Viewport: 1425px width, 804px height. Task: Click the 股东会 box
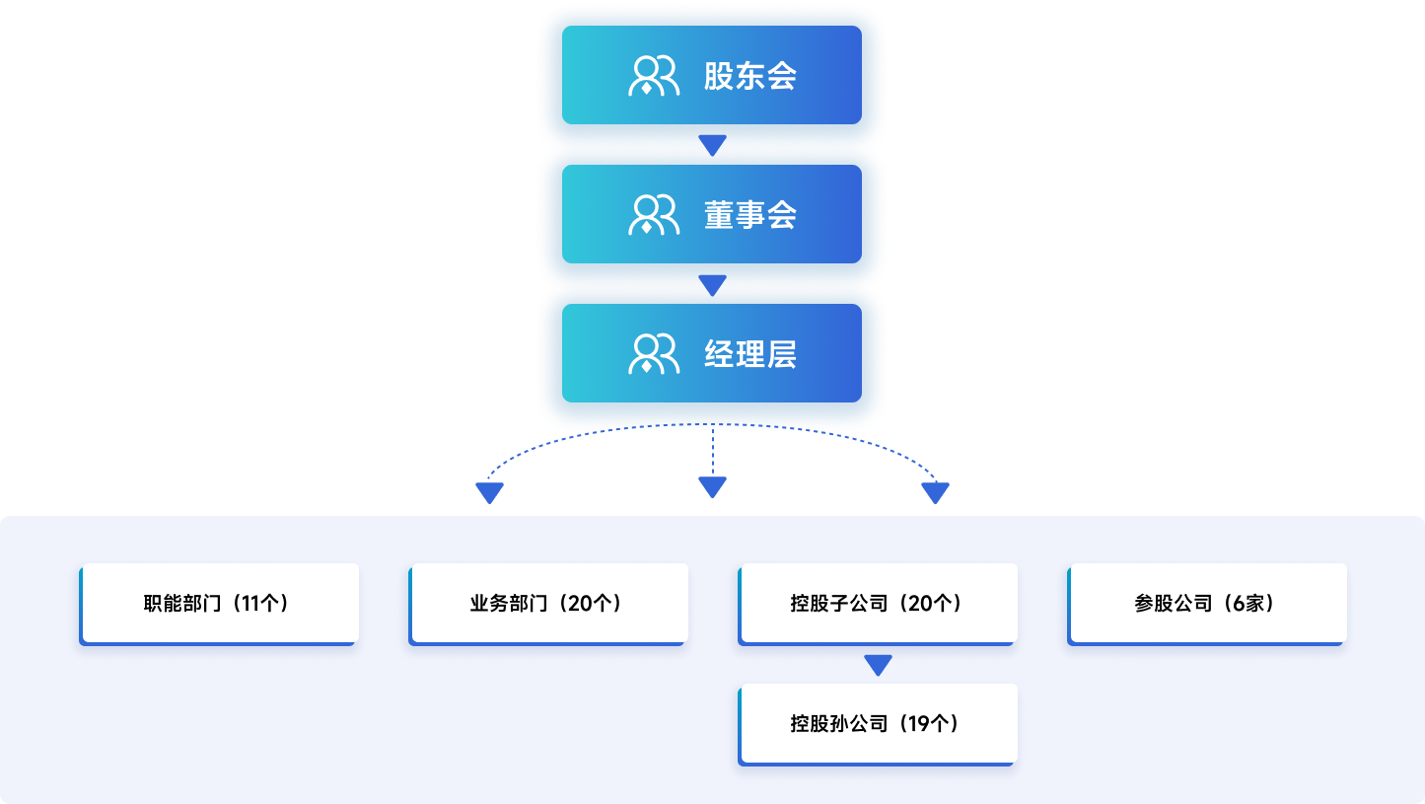[712, 75]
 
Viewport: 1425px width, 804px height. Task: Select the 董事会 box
[712, 214]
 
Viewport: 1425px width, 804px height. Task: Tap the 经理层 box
[712, 353]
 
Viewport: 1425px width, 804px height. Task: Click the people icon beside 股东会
[654, 76]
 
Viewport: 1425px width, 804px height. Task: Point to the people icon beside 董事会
[654, 215]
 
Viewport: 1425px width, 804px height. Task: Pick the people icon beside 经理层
[654, 354]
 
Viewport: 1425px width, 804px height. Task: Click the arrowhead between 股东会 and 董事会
[712, 145]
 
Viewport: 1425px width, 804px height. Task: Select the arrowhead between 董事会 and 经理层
[712, 285]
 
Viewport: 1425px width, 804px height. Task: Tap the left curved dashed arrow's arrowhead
[489, 492]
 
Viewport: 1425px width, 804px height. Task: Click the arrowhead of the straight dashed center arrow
[712, 486]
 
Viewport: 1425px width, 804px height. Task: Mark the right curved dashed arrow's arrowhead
[935, 492]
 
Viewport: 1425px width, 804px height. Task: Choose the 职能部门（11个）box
[219, 603]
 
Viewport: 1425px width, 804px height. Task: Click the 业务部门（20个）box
[548, 603]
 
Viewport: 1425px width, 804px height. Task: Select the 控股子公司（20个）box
[878, 603]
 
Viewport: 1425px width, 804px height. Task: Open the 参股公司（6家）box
[1207, 603]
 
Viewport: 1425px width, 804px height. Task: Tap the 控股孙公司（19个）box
[878, 723]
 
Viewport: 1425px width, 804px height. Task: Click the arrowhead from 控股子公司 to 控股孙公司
[878, 665]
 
